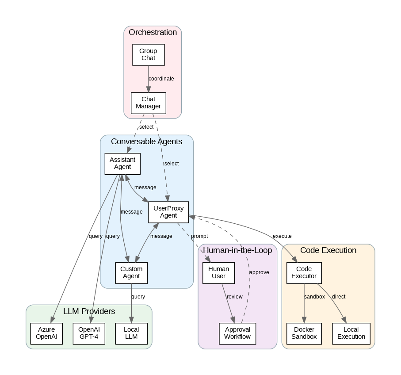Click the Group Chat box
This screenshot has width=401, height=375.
tap(148, 54)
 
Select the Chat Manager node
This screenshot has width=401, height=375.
tap(148, 103)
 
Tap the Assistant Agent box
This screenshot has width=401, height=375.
tap(122, 163)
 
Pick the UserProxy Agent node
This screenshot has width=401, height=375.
tap(168, 212)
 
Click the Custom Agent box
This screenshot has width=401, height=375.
tap(131, 272)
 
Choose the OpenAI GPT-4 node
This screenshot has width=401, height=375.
tap(89, 333)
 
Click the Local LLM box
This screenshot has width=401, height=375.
tap(131, 333)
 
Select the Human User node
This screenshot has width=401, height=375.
tap(219, 272)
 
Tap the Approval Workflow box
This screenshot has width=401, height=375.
tap(237, 333)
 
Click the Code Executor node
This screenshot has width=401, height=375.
tap(304, 272)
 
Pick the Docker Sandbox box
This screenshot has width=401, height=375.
tap(304, 333)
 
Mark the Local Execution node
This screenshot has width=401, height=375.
tap(351, 333)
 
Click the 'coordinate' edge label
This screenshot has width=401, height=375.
tap(161, 79)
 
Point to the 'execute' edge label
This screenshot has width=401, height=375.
tap(282, 236)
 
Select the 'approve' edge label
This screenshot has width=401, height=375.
tap(259, 272)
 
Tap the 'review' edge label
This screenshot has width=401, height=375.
tap(234, 297)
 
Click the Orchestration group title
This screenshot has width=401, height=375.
tap(153, 32)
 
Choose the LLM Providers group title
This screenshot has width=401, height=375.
tap(89, 311)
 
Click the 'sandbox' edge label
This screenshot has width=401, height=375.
tap(314, 297)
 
